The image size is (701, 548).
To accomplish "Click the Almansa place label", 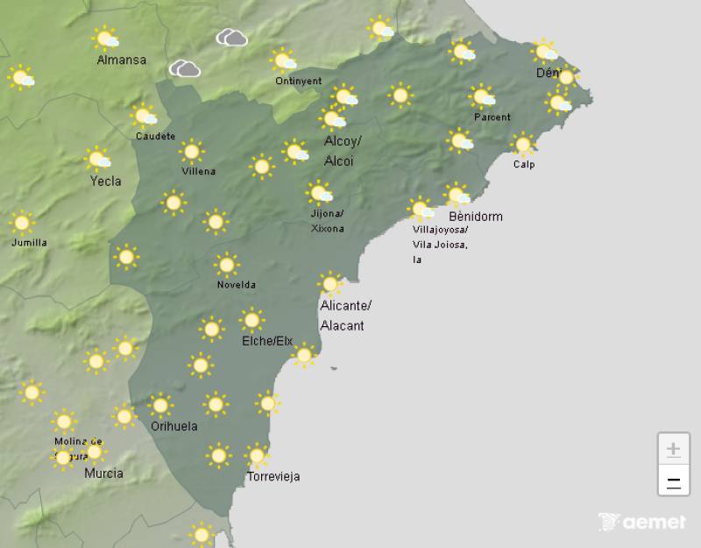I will tap(121, 60).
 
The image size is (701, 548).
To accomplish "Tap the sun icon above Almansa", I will tap(106, 38).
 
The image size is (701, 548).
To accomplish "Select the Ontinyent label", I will tap(298, 81).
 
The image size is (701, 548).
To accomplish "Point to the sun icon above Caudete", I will tap(144, 115).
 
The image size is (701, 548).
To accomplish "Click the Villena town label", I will tap(198, 171).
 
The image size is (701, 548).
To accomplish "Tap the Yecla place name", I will tap(105, 181).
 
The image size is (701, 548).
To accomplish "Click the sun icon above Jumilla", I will tap(21, 222).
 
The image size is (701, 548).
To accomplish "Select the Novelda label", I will tap(236, 285).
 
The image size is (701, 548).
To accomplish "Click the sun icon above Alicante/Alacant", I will tap(329, 283).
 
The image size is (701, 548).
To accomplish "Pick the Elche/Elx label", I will tap(267, 341).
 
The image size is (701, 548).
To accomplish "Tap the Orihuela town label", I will tap(173, 426).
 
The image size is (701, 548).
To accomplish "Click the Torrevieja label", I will tap(273, 476).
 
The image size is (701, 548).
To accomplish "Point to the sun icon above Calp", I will tap(523, 144).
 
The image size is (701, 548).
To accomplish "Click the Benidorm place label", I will tap(475, 217).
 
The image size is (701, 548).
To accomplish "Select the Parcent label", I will tap(492, 117).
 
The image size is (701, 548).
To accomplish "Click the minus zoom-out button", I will tap(673, 481).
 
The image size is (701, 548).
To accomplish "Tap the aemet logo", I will tap(641, 523).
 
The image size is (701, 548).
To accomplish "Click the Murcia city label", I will tap(103, 473).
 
